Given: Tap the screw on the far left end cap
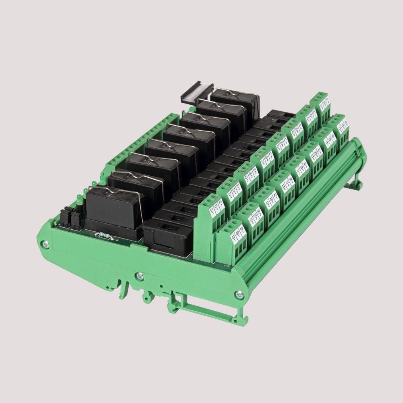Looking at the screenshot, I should pos(46,243).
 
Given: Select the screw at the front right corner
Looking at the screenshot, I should pos(241,295).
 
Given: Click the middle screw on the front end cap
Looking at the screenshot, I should pos(139,276).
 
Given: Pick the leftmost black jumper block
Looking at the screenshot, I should pos(65,216).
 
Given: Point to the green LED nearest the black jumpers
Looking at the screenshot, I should pos(79,200).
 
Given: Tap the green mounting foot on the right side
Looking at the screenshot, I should pos(355,181).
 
